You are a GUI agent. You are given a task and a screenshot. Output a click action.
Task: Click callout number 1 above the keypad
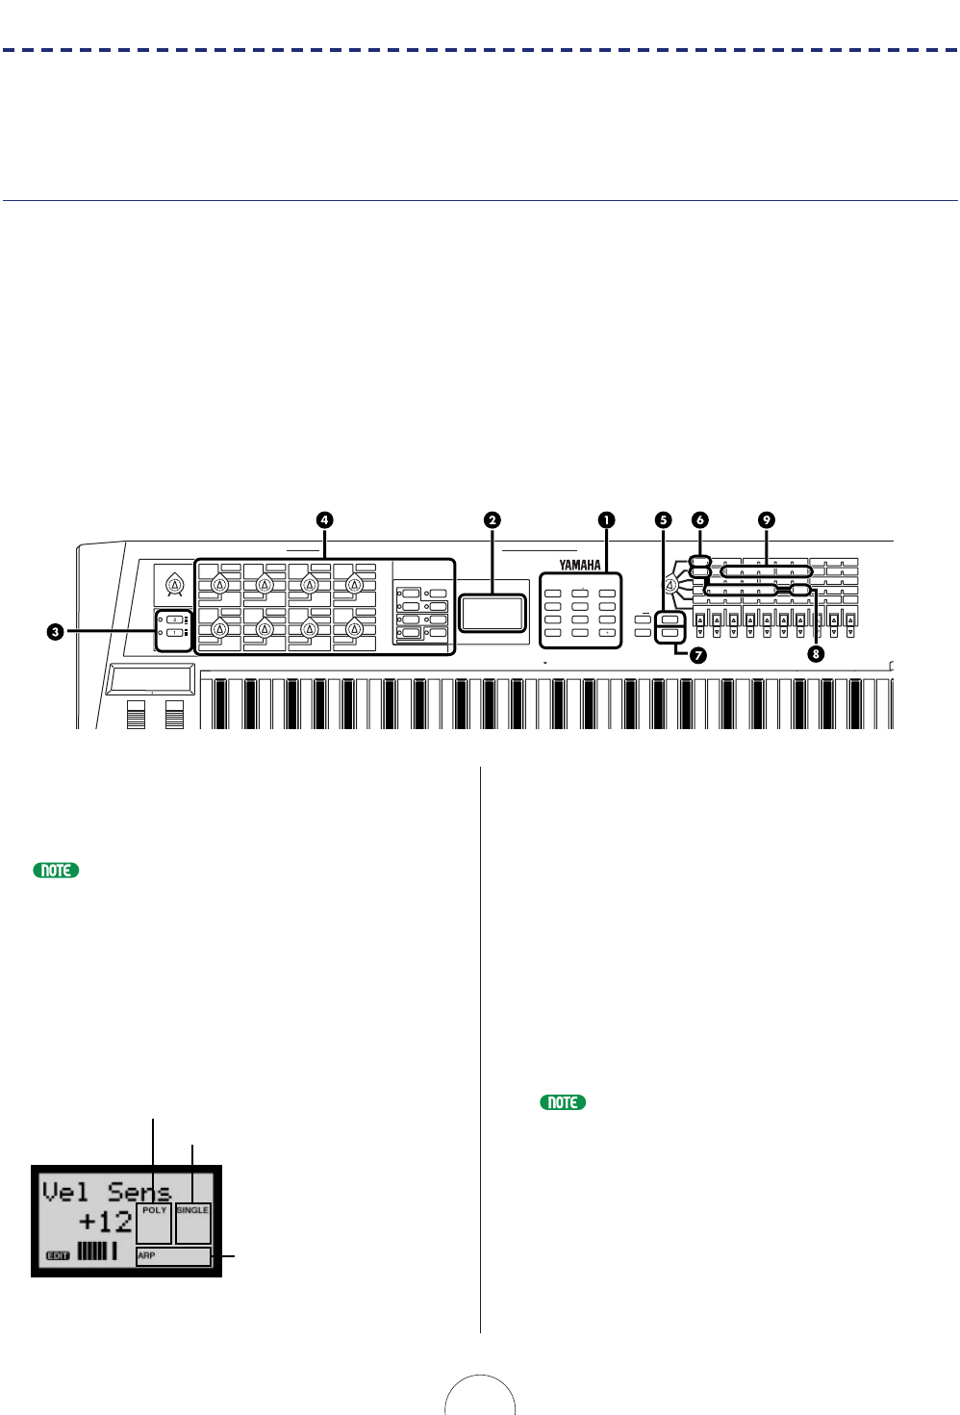coord(606,520)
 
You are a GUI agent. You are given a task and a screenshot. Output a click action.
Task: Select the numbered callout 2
coord(493,520)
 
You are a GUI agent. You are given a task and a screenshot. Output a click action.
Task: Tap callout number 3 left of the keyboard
coord(56,632)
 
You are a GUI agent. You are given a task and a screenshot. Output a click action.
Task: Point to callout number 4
coord(325,520)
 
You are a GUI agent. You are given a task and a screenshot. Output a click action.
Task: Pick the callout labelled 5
coord(663,520)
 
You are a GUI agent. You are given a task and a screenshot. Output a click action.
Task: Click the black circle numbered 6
coord(699,520)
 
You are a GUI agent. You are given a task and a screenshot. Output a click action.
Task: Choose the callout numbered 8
coord(816,654)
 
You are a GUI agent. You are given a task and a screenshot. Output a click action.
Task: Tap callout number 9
coord(767,520)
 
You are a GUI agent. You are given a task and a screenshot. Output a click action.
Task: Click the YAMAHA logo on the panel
coord(580,566)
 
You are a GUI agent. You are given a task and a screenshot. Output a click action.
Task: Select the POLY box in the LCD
coord(154,1223)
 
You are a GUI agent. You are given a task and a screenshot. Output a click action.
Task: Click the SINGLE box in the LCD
coord(192,1223)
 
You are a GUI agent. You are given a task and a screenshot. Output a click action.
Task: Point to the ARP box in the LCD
coord(173,1256)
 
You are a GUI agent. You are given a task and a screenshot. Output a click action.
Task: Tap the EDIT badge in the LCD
coord(58,1255)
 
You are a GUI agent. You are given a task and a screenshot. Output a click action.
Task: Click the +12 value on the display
coord(106,1223)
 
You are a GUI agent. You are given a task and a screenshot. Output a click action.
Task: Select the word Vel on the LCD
coord(65,1193)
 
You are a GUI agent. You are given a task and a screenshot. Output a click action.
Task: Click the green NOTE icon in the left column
coord(56,871)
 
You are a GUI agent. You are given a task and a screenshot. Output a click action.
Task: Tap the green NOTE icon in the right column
coord(563,1102)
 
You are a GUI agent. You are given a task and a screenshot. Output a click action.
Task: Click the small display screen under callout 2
coord(492,613)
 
